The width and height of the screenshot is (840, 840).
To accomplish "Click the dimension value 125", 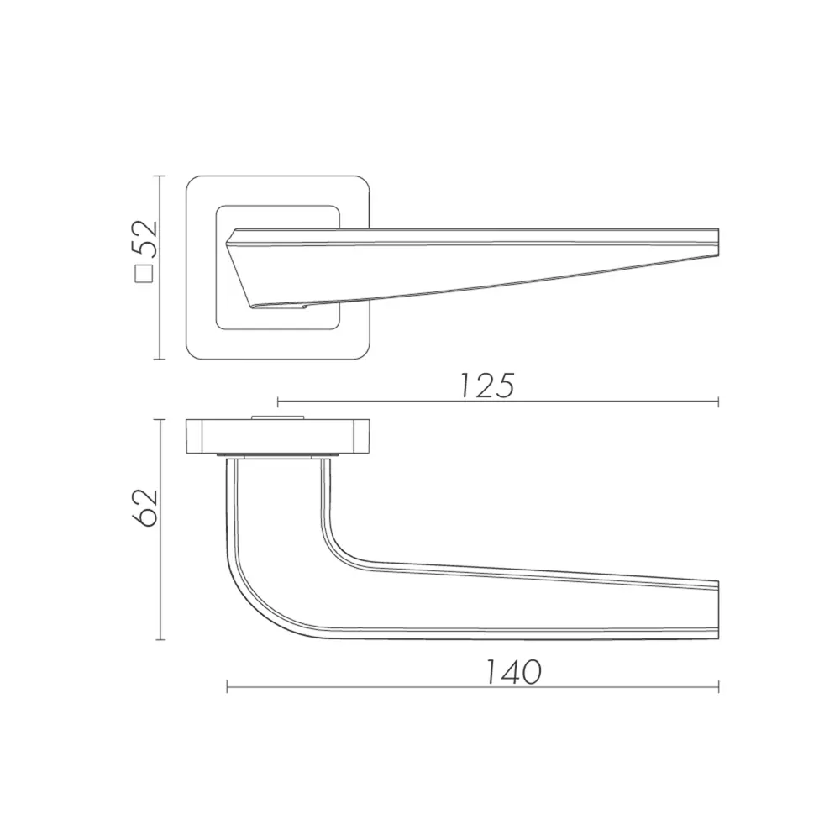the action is pyautogui.click(x=487, y=385).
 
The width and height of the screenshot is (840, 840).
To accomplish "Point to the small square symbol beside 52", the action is pyautogui.click(x=144, y=275).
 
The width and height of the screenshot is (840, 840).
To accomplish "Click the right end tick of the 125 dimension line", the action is pyautogui.click(x=718, y=402).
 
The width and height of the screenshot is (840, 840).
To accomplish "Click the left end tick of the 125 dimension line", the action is pyautogui.click(x=278, y=402).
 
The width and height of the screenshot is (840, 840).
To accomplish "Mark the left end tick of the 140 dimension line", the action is pyautogui.click(x=227, y=687).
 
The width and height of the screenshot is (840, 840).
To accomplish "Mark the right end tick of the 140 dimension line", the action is pyautogui.click(x=718, y=687).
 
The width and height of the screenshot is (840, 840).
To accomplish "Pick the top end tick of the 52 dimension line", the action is pyautogui.click(x=160, y=176).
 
